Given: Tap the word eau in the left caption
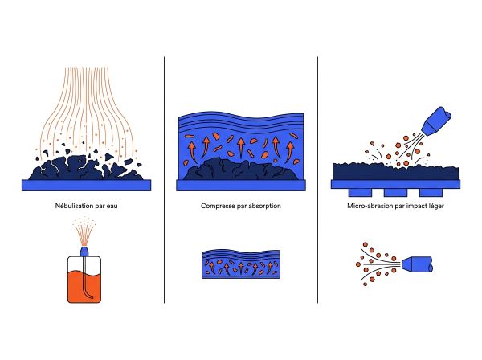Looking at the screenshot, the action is [x=112, y=206].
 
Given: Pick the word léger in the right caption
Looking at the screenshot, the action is [x=437, y=206].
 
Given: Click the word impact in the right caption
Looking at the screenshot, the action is [x=417, y=206].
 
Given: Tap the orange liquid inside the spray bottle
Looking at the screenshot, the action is [x=84, y=286].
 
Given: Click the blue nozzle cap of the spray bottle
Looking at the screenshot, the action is [x=84, y=251].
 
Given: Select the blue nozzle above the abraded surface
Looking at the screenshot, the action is [x=437, y=121].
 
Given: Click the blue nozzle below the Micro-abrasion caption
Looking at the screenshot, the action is [x=417, y=264].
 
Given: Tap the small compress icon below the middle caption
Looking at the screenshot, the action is [x=241, y=264].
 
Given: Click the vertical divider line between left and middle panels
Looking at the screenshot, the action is [x=164, y=180].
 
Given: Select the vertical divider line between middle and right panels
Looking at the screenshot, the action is [x=317, y=180].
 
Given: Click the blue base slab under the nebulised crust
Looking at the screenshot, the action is [x=87, y=186].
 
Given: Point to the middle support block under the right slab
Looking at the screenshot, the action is [x=395, y=192].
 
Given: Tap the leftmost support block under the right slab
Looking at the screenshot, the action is [x=360, y=192].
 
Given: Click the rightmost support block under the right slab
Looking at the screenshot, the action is [x=431, y=192].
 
